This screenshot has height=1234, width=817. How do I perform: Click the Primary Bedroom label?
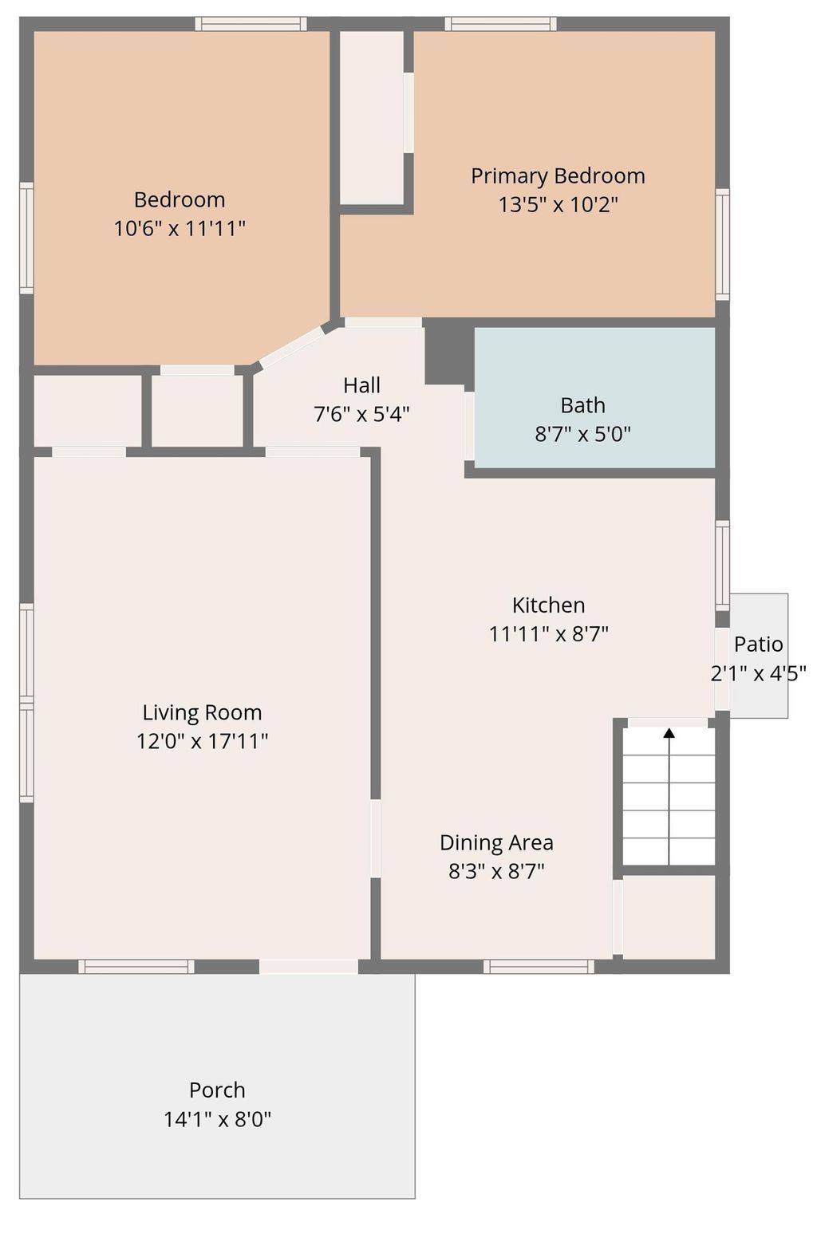tap(557, 175)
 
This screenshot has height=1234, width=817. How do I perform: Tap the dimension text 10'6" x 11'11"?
tap(180, 229)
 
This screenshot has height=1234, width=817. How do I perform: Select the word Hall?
tap(361, 385)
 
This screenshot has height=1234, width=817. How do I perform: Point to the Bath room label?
tap(582, 405)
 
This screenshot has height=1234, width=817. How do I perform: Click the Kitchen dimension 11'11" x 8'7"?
tap(549, 634)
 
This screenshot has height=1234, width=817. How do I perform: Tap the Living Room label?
tap(202, 712)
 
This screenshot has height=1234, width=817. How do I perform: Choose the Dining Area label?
tap(496, 842)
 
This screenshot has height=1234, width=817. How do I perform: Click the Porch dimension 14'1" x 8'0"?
tap(217, 1119)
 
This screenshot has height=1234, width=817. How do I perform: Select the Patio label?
tap(758, 644)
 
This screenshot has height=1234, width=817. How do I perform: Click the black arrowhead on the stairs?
tap(669, 732)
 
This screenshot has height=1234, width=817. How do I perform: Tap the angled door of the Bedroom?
tap(292, 347)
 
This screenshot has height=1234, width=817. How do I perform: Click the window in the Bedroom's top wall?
tap(251, 24)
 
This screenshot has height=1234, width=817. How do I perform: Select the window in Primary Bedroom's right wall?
tap(722, 244)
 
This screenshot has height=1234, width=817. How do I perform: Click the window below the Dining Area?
tap(539, 967)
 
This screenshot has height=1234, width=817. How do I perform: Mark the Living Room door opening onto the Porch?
tap(308, 967)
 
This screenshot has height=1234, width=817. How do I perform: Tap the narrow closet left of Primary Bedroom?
tap(372, 117)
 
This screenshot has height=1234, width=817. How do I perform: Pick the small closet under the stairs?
tap(668, 917)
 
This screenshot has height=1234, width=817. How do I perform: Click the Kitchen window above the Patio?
tap(722, 565)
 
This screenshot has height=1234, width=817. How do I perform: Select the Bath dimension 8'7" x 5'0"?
tap(582, 435)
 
